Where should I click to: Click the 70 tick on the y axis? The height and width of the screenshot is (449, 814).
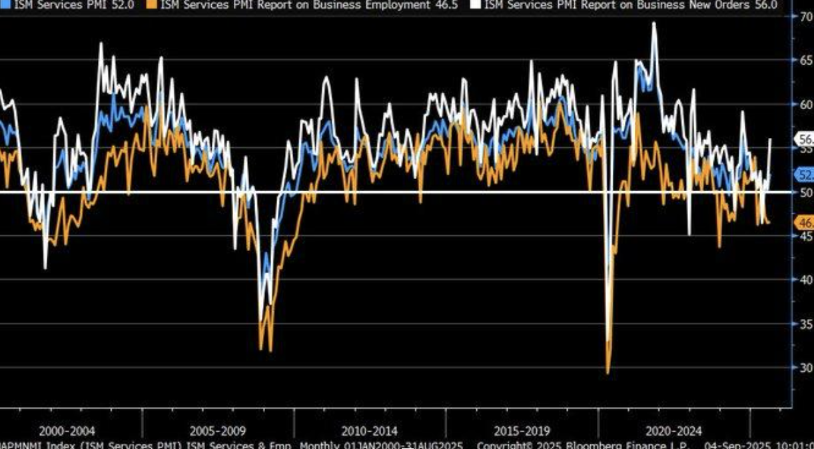[x=805, y=17]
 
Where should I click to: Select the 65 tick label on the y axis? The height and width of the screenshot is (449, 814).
[x=805, y=61]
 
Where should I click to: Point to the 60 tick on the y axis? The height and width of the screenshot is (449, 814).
[x=805, y=105]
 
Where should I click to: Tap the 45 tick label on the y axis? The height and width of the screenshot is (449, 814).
[x=805, y=236]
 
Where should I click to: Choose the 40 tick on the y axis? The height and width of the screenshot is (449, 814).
[x=805, y=280]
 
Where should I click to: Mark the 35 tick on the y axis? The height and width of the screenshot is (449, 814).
[x=805, y=324]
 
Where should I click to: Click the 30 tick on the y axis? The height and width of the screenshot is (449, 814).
[x=805, y=368]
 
